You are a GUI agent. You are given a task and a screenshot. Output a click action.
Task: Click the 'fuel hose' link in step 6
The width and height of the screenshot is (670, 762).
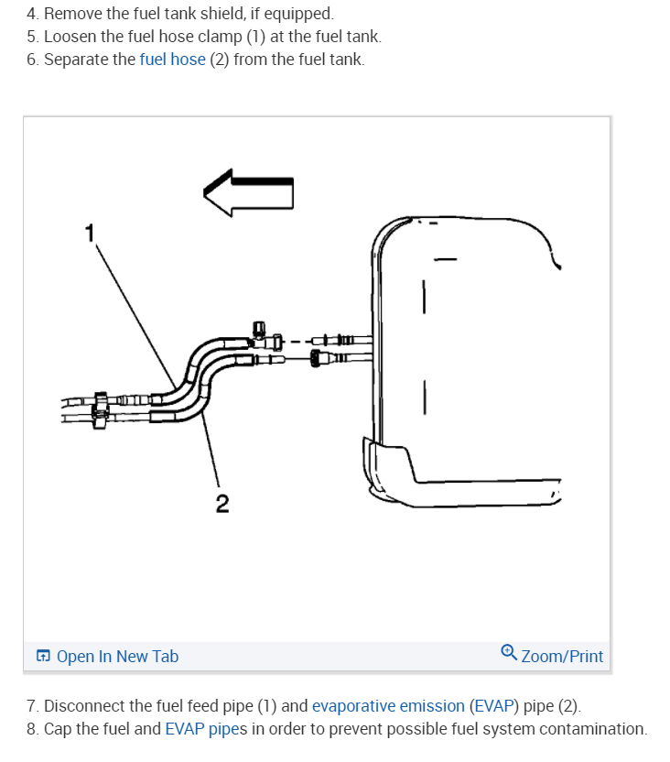(x=172, y=60)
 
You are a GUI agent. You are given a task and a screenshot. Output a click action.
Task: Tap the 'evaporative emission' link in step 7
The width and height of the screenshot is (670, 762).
(x=388, y=706)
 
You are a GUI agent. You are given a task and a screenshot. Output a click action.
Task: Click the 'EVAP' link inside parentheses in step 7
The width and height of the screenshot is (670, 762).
(x=492, y=706)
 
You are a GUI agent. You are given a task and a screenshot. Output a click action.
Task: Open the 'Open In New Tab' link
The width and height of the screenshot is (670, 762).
(x=117, y=656)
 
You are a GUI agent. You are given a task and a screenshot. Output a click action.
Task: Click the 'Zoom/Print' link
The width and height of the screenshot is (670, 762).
(x=562, y=656)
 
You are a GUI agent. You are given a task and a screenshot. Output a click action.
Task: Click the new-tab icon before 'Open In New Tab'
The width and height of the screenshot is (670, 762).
(x=43, y=657)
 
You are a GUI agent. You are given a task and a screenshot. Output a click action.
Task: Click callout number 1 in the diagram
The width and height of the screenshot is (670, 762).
(x=89, y=234)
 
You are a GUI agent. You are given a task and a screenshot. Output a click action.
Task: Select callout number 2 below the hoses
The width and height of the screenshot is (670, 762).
(x=222, y=503)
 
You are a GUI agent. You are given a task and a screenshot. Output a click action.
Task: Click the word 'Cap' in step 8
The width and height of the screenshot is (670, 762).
(x=58, y=729)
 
